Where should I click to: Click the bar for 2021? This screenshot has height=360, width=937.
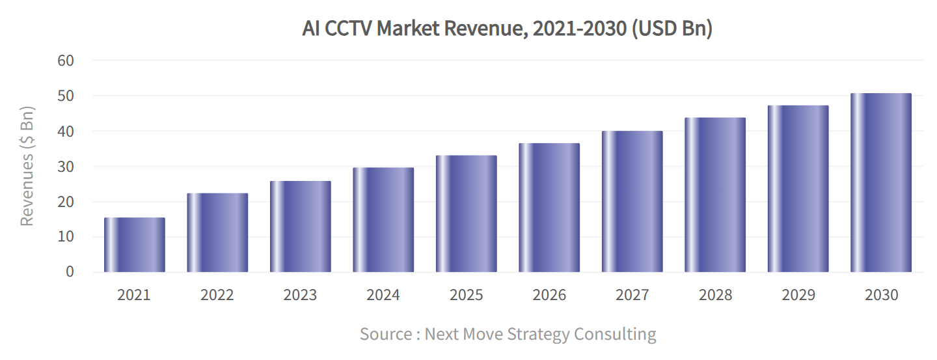pos(135,245)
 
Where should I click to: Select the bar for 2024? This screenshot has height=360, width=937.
pos(383,220)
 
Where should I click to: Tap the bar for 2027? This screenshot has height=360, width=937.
pos(632,202)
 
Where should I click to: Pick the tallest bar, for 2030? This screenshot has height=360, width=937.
pos(881,183)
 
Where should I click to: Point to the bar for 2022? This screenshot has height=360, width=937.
pos(217,232)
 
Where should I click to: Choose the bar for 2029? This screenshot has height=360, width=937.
pos(798,189)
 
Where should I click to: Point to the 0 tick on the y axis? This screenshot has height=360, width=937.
pos(70,272)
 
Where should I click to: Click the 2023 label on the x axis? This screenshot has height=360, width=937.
pos(300,295)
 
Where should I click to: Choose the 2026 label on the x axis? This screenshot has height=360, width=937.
pos(549,295)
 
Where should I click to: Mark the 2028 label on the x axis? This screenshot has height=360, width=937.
pos(715,295)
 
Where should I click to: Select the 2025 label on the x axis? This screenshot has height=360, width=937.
pos(466,295)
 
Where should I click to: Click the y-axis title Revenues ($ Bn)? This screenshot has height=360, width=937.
pos(27,165)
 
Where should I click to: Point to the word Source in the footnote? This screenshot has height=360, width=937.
pos(385,335)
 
